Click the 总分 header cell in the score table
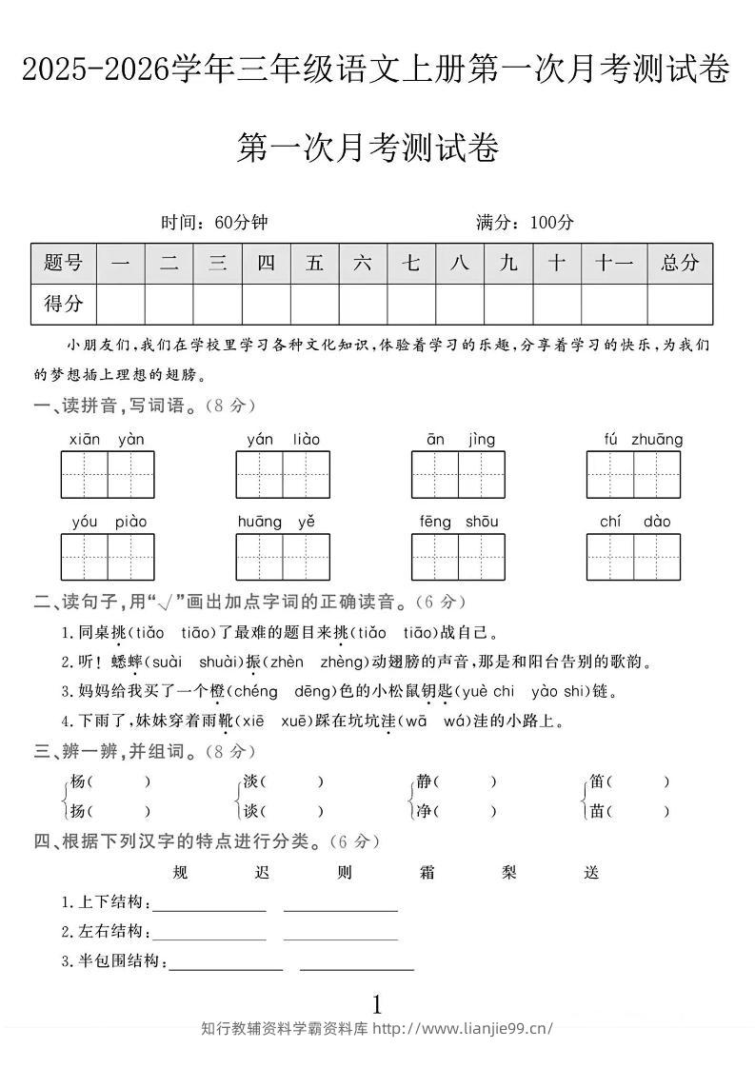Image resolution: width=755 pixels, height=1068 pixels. pyautogui.click(x=680, y=264)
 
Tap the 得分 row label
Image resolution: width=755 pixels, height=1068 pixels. pyautogui.click(x=64, y=305)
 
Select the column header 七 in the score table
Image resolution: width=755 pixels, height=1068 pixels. pyautogui.click(x=411, y=264)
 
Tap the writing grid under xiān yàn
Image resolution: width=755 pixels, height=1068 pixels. pyautogui.click(x=108, y=475)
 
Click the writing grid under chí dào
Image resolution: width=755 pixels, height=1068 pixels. pyautogui.click(x=633, y=557)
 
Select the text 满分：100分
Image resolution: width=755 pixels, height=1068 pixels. pyautogui.click(x=526, y=223)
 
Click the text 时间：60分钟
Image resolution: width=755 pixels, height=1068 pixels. pyautogui.click(x=215, y=223)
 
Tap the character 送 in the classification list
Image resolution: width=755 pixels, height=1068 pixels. pyautogui.click(x=591, y=873)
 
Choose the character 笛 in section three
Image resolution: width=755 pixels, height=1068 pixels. pyautogui.click(x=597, y=782)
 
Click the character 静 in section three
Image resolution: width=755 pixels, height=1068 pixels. pyautogui.click(x=424, y=782)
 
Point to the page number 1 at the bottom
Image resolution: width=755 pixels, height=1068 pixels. pyautogui.click(x=377, y=1004)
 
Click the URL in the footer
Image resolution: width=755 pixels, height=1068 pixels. pyautogui.click(x=463, y=1029)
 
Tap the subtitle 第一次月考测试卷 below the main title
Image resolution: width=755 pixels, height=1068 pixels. pyautogui.click(x=368, y=148)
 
